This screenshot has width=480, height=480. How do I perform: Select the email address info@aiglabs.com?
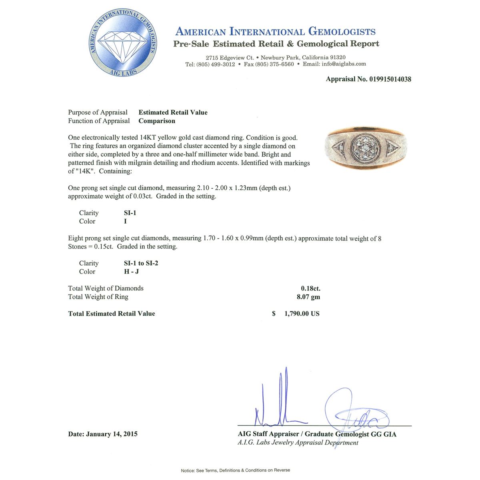(344, 64)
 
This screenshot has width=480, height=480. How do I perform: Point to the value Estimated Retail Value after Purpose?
(173, 112)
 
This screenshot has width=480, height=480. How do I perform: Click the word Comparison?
(157, 121)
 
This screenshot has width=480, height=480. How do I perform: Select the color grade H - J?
(132, 272)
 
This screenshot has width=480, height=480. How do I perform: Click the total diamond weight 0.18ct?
(310, 288)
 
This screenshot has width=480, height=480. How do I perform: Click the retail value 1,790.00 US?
(302, 314)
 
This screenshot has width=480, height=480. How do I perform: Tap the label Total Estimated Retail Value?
(112, 314)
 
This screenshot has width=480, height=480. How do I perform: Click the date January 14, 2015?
(112, 434)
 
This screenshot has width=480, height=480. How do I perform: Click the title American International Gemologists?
(276, 32)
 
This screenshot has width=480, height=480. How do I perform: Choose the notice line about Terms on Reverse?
(236, 470)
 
